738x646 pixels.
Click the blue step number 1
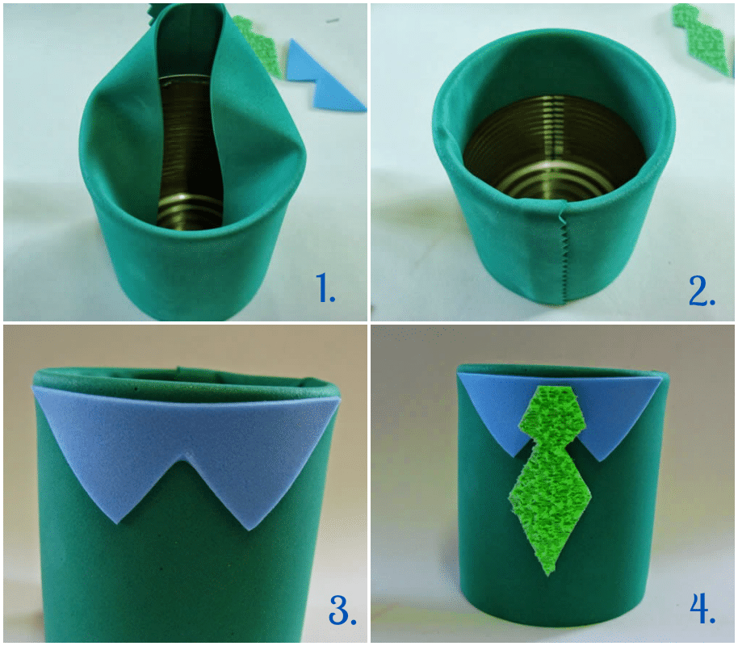(325, 287)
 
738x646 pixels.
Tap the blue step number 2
(702, 291)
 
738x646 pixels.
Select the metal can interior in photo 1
(188, 151)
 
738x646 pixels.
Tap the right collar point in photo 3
(249, 529)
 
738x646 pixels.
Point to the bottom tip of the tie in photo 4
(548, 574)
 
